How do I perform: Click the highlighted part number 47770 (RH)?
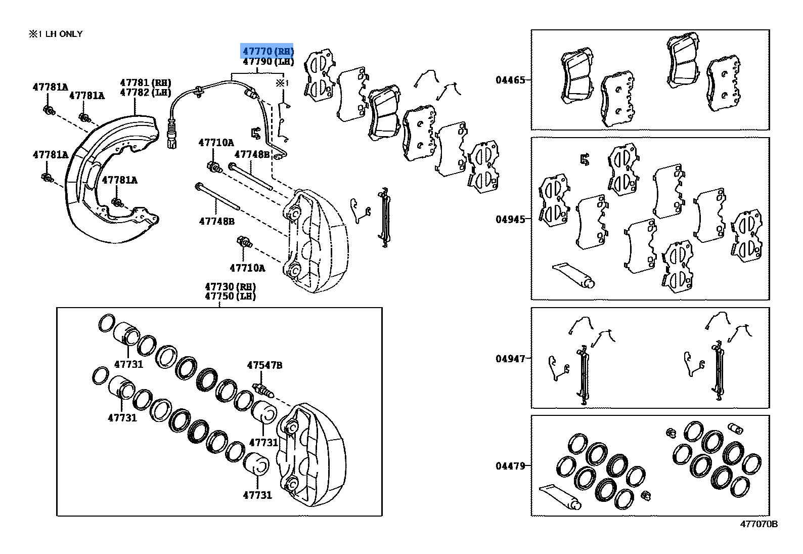[x=268, y=51]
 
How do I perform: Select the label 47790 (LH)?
[x=268, y=62]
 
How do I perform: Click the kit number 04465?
[x=510, y=80]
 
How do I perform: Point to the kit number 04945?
[x=510, y=219]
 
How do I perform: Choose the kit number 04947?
[x=510, y=359]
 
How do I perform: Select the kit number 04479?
[x=510, y=466]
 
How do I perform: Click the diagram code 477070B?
[x=759, y=524]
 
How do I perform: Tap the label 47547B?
[x=264, y=365]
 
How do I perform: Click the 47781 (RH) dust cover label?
[x=146, y=83]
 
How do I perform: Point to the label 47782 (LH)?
[x=146, y=93]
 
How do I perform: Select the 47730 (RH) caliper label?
[x=231, y=286]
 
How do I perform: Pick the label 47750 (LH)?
[x=231, y=296]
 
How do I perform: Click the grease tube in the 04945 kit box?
[x=573, y=276]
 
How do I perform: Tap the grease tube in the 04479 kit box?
[x=560, y=497]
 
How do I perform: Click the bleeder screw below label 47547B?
[x=263, y=391]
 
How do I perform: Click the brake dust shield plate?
[x=111, y=179]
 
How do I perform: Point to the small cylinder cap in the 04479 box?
[x=735, y=428]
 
